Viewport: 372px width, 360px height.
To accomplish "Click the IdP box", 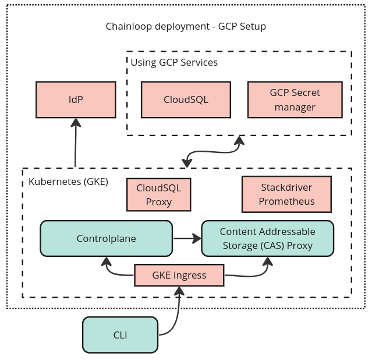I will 76,99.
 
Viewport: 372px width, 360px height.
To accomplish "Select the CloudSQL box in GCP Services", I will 186,99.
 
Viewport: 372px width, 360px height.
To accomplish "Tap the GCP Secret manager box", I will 295,99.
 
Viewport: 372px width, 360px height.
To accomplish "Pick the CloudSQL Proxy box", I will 159,195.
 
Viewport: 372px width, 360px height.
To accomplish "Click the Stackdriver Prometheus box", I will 286,194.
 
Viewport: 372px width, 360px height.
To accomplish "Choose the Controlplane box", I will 106,238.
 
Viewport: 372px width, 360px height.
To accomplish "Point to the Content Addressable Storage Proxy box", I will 267,238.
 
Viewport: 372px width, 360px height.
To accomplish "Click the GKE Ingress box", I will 179,275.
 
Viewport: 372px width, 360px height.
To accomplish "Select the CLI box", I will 120,335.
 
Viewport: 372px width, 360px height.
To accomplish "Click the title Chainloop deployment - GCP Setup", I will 186,27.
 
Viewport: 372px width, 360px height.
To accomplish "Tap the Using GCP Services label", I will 173,62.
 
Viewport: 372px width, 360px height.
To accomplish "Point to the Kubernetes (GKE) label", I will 68,181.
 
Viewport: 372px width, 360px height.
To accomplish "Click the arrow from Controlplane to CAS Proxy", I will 186,238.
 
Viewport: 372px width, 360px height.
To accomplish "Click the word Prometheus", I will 286,201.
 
